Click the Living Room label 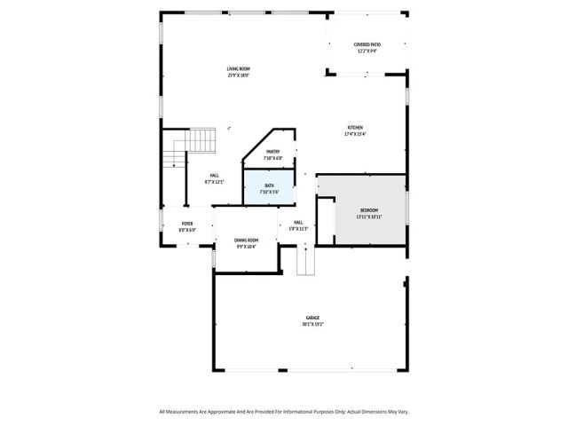pos(238,68)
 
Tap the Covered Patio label pos(367,43)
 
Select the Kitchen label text pos(354,128)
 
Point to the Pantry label pos(272,152)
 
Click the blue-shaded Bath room pos(270,188)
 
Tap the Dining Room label pos(246,240)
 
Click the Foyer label pos(187,224)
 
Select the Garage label pos(312,317)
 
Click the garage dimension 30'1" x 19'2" pos(312,324)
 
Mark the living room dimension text pos(238,75)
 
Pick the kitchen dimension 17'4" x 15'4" pos(354,135)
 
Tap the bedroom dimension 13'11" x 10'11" pos(368,217)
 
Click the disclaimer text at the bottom pos(284,411)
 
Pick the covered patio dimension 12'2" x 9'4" pos(367,51)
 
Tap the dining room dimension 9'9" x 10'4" pos(246,247)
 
